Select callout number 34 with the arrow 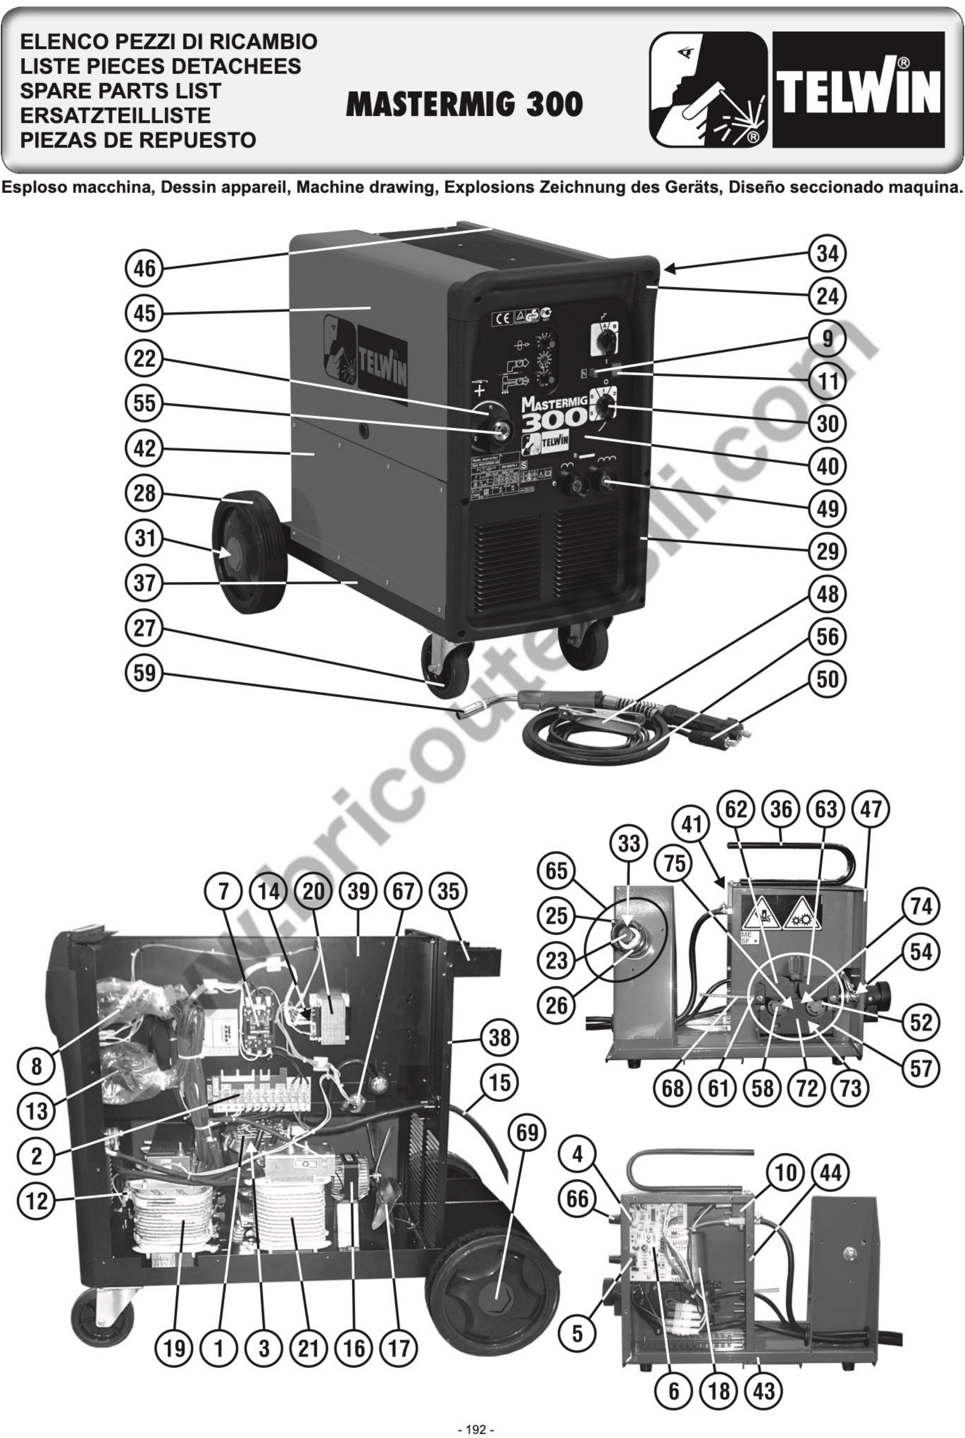click(x=827, y=253)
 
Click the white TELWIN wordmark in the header click(x=859, y=90)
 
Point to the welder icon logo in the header click(x=708, y=90)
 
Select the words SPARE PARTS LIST click(x=120, y=91)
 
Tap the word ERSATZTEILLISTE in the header click(x=115, y=115)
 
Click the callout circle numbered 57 click(x=921, y=1068)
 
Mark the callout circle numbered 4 click(x=577, y=1154)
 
